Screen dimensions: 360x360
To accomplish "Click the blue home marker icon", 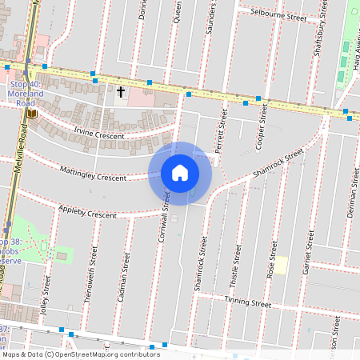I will click(180, 172).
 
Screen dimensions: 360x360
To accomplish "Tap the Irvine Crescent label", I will click(99, 134).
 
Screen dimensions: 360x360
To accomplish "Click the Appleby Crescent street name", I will click(87, 213).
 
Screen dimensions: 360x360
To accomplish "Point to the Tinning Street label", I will click(248, 303).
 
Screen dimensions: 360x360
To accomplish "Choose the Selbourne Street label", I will click(278, 14).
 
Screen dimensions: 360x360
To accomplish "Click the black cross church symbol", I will click(122, 92).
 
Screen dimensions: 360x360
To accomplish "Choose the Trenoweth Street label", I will click(89, 275).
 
